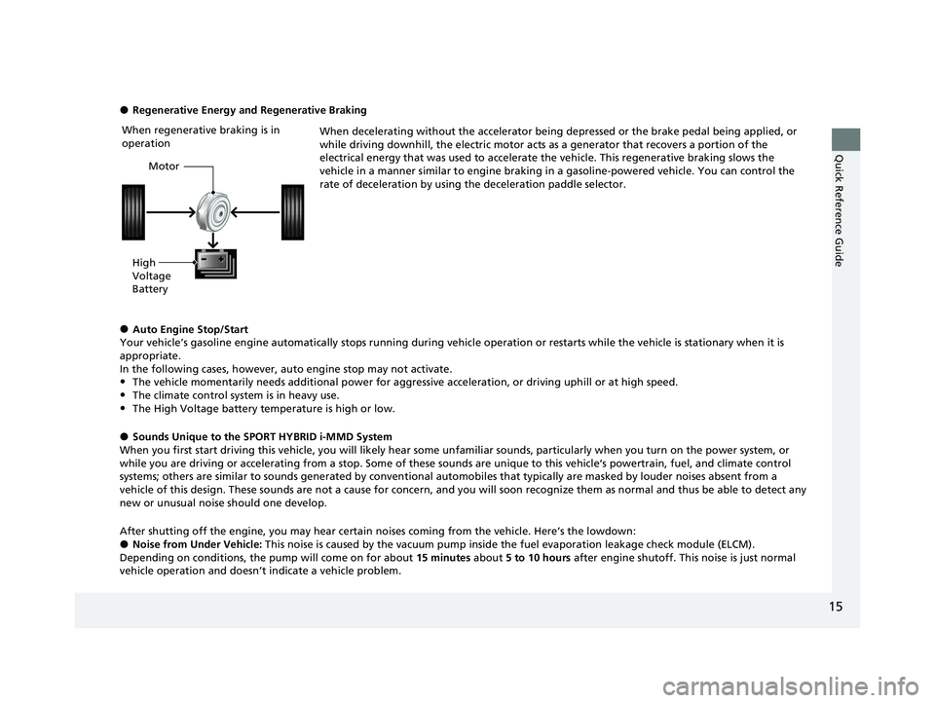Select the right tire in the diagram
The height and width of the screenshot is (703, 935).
(294, 211)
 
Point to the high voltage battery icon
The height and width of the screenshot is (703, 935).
(214, 264)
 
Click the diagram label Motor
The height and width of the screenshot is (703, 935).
(165, 166)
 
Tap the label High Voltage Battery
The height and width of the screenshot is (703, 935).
(151, 276)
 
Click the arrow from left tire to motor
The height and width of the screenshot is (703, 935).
(170, 211)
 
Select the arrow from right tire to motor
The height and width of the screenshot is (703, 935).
(255, 211)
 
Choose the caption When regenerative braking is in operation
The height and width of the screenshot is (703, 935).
(201, 135)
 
